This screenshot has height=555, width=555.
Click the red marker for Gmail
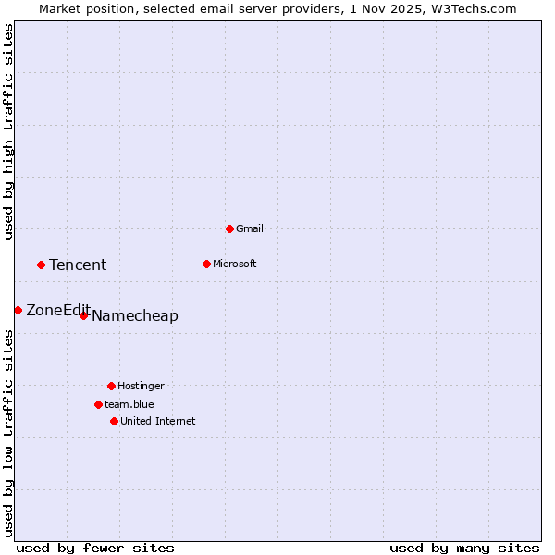pyautogui.click(x=229, y=228)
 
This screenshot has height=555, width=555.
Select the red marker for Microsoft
pyautogui.click(x=206, y=264)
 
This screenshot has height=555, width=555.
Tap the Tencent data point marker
pyautogui.click(x=41, y=265)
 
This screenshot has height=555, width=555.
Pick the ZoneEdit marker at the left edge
pyautogui.click(x=18, y=310)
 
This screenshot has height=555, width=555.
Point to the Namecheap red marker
pyautogui.click(x=83, y=315)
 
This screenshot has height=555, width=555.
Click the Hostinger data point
pyautogui.click(x=111, y=386)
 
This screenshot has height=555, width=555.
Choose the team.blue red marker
pyautogui.click(x=98, y=404)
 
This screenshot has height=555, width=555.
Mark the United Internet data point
pyautogui.click(x=114, y=421)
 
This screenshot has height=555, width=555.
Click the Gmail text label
pyautogui.click(x=250, y=228)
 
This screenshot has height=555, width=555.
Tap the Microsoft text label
pyautogui.click(x=235, y=264)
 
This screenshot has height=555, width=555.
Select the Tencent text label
pyautogui.click(x=78, y=265)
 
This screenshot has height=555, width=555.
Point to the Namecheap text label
pyautogui.click(x=135, y=316)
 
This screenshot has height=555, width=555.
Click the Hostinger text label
pyautogui.click(x=141, y=386)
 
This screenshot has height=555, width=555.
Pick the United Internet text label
pyautogui.click(x=158, y=421)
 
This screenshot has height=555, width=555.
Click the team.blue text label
pyautogui.click(x=129, y=404)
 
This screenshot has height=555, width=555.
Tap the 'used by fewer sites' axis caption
pyautogui.click(x=95, y=548)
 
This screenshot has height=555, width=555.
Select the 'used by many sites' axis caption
pyautogui.click(x=464, y=548)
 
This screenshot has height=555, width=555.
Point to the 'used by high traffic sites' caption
pyautogui.click(x=8, y=131)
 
